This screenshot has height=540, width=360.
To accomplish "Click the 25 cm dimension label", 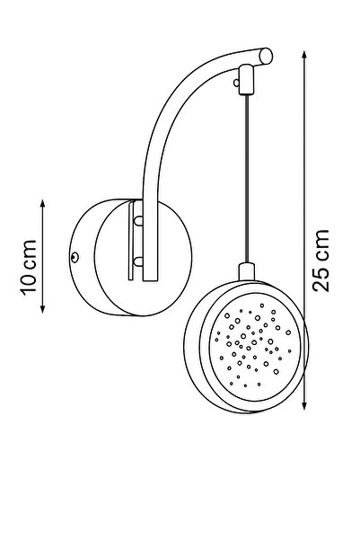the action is tap(320, 261).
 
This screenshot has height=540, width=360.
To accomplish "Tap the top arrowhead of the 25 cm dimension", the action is tap(304, 55).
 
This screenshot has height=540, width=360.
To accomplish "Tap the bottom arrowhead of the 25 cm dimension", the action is tap(304, 406).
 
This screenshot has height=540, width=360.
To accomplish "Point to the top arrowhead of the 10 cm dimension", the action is tap(43, 203).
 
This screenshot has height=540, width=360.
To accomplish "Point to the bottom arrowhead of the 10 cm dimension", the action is tap(43, 309).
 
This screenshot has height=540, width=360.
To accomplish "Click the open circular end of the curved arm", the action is tap(266, 56).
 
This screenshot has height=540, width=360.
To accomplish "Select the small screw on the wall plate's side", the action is tap(75, 257).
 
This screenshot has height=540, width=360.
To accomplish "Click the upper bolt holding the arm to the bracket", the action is tap(138, 220).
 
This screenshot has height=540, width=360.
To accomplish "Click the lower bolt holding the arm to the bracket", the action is tap(138, 262).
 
